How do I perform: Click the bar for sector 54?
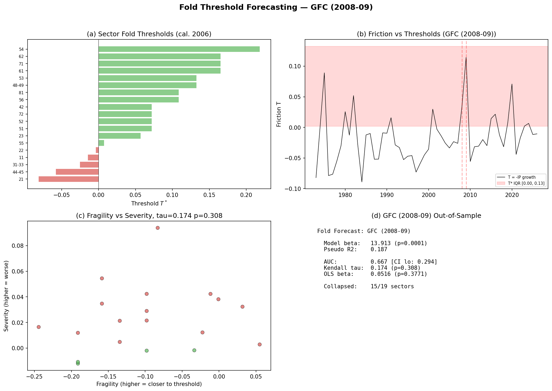pos(179,49)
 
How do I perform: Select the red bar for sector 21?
pos(69,179)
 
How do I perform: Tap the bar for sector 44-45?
pos(77,172)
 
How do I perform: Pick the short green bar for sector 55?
pos(101,143)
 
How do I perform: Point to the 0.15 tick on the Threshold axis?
pos(209,195)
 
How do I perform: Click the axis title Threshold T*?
pos(149,203)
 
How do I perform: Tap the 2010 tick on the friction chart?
pos(470,195)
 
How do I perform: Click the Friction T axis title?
pos(279,114)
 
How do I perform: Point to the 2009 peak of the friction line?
pos(466,57)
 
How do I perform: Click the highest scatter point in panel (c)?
pos(158,228)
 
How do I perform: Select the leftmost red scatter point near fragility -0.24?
pos(39,327)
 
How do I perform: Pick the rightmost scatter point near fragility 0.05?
pos(259,344)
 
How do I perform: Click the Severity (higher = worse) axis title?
pos(6,296)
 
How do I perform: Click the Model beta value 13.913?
pos(380,243)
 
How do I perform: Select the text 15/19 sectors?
pos(392,286)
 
